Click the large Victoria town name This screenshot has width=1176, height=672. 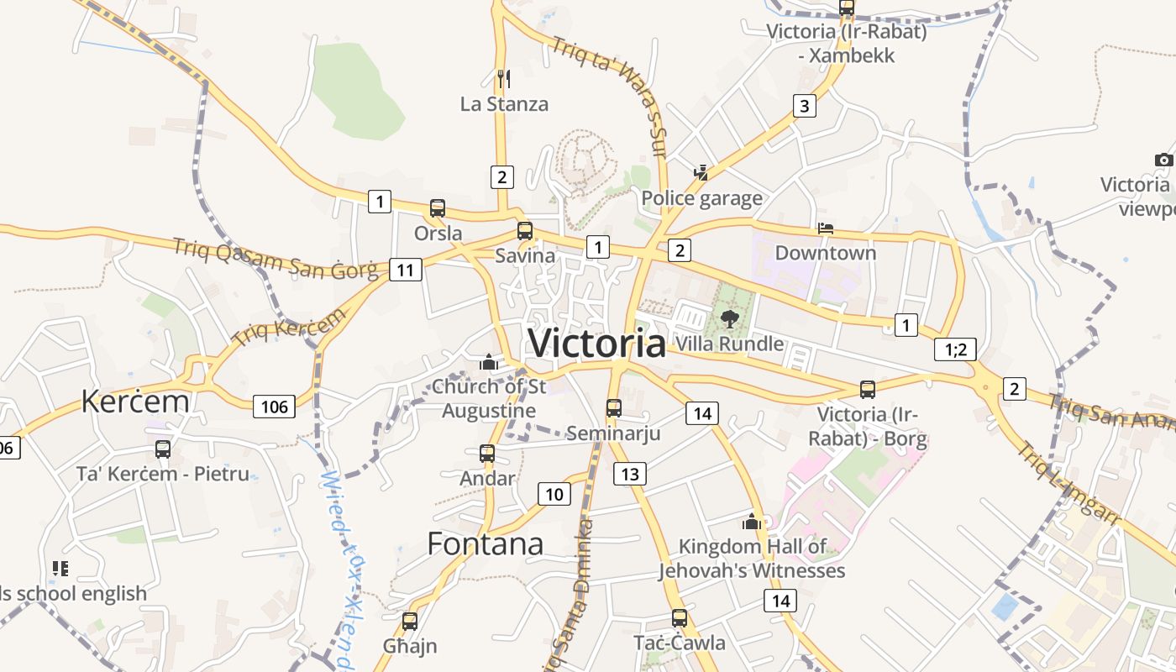coord(596,344)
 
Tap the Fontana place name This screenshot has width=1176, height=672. coord(486,544)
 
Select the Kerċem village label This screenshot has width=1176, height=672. coord(135,402)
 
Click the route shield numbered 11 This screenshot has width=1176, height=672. coord(406,270)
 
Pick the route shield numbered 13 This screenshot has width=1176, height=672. coord(630,474)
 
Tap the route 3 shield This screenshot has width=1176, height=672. coord(805,106)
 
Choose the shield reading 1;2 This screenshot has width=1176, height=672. coord(956,349)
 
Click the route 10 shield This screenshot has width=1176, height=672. coord(554,494)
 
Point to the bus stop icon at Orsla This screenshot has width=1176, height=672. coord(438,208)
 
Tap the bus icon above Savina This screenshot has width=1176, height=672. coord(525,230)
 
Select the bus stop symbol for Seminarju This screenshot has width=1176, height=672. coord(614,408)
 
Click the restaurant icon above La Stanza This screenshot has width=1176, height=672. coord(504,79)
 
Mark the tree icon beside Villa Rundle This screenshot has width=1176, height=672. coord(730,318)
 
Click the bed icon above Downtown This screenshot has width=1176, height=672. coord(826,228)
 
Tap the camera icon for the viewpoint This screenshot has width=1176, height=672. coord(1163,160)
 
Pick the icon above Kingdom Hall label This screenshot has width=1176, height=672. coord(752,522)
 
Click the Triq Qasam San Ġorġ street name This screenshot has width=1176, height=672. coord(276,260)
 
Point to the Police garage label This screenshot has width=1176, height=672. coord(701,198)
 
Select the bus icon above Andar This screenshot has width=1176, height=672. coord(487,454)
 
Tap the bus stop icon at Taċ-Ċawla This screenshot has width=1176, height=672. coord(680,618)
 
